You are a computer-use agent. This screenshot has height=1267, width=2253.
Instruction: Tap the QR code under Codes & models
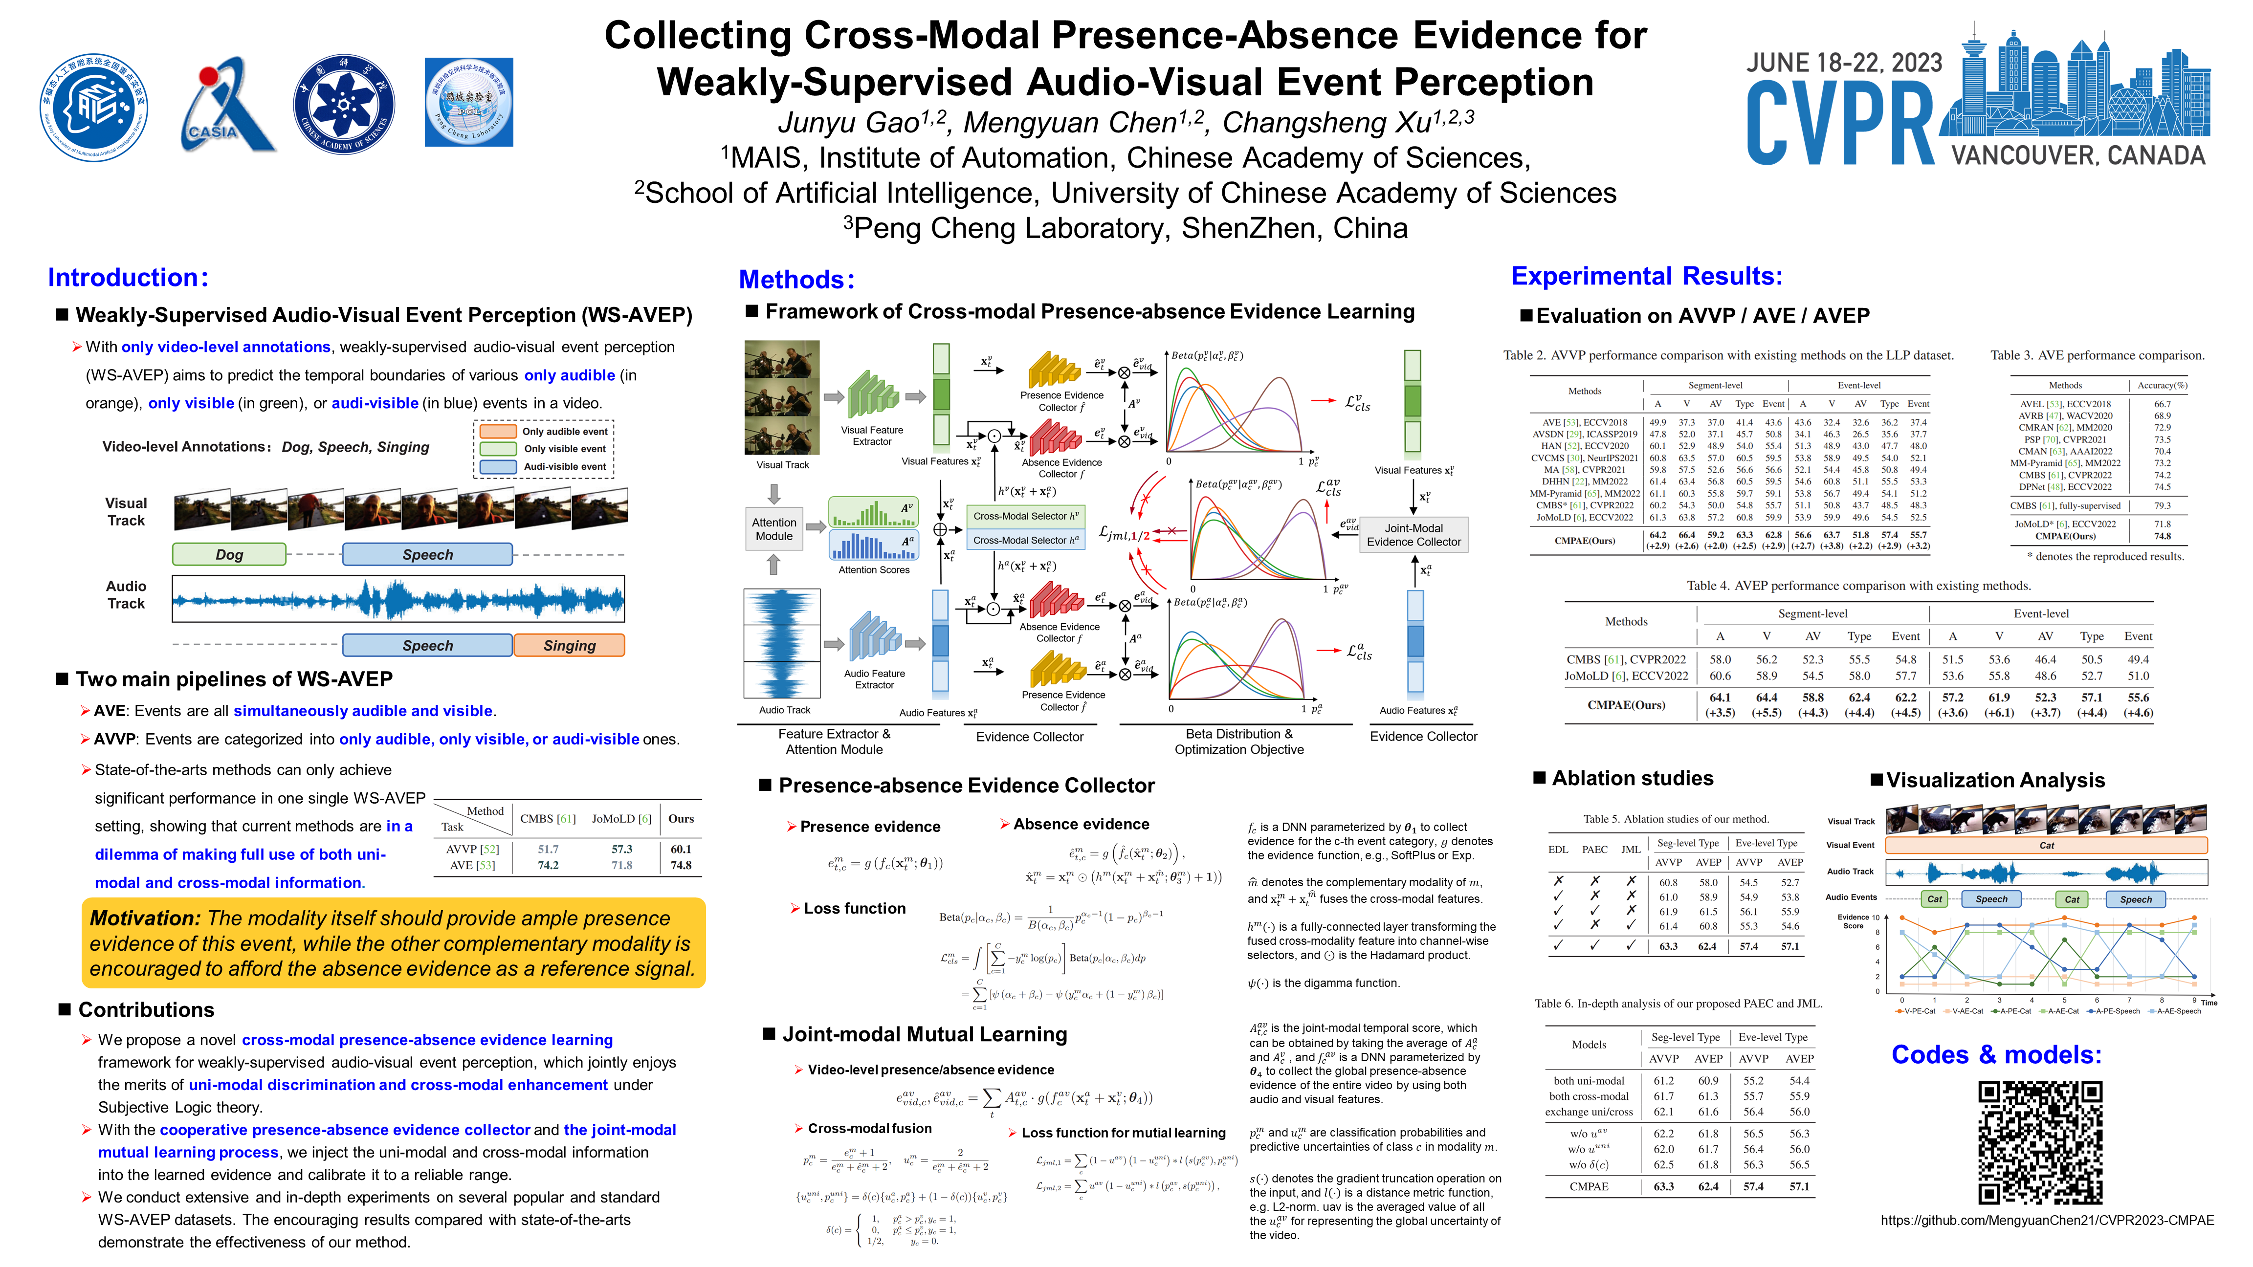tap(2040, 1142)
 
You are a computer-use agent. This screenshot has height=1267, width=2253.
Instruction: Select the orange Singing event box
tap(570, 645)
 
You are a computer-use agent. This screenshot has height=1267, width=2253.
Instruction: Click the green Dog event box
tap(229, 554)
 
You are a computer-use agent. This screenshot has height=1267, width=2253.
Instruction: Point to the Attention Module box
tap(774, 529)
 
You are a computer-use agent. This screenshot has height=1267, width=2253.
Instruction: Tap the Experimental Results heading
tap(1646, 276)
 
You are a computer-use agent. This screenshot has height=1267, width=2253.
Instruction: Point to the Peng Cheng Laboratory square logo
tap(469, 102)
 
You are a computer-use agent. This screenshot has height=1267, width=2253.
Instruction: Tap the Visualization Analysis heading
tap(1995, 780)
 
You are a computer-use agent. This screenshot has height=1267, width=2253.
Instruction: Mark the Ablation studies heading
tap(1632, 778)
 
